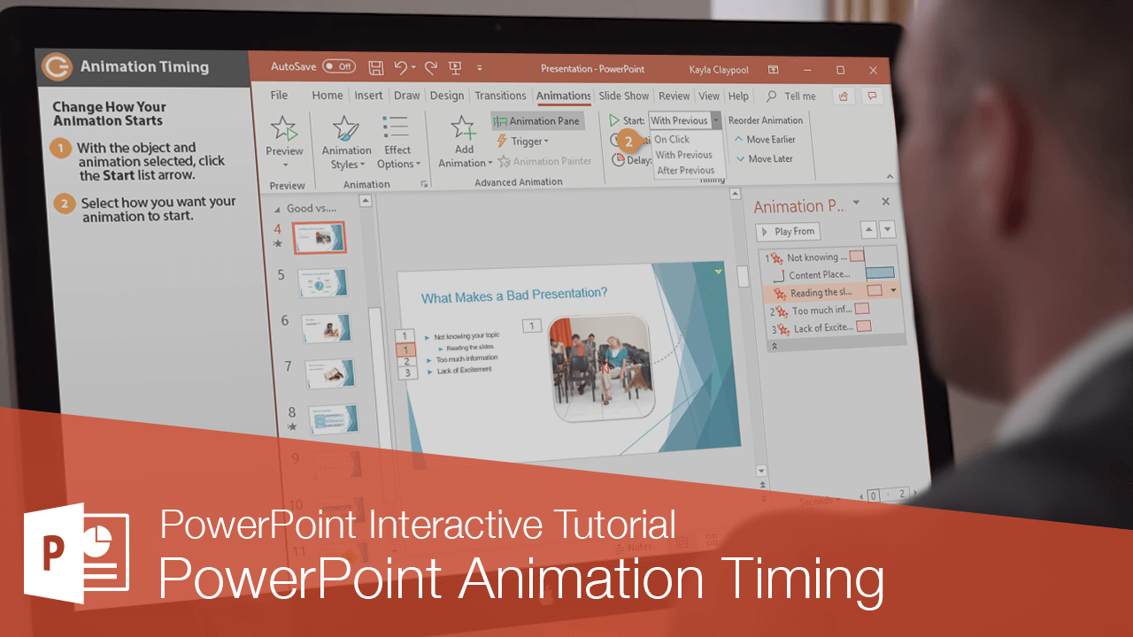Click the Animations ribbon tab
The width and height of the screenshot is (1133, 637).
click(563, 96)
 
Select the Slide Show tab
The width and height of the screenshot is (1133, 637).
click(623, 96)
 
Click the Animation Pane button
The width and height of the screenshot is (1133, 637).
click(537, 121)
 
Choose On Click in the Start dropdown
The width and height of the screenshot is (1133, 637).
click(672, 139)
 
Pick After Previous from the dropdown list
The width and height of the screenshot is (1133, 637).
click(685, 170)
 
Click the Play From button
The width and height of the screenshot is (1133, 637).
click(788, 232)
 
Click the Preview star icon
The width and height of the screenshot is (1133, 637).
click(284, 129)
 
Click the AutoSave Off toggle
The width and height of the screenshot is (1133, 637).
click(338, 66)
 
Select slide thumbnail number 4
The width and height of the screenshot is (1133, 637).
click(319, 237)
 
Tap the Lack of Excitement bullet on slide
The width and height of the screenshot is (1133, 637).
click(464, 370)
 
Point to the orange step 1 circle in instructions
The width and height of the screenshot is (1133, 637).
click(61, 149)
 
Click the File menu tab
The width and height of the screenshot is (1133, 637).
click(279, 96)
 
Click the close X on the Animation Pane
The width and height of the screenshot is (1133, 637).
click(885, 203)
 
